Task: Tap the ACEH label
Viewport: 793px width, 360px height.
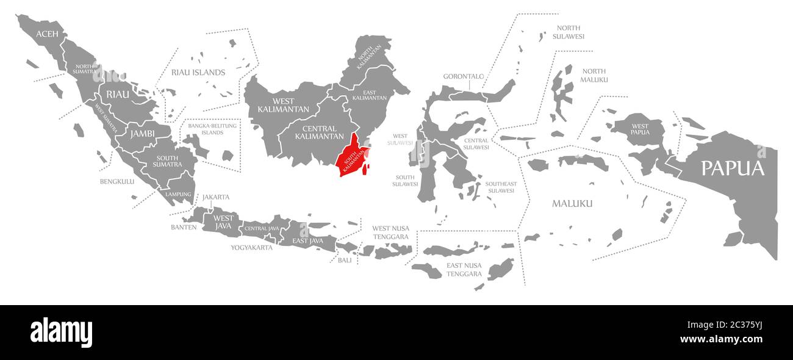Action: point(47,34)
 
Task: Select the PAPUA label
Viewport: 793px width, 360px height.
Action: point(732,168)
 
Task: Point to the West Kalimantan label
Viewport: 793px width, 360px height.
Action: point(275,105)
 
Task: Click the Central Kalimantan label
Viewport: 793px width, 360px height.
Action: point(319,132)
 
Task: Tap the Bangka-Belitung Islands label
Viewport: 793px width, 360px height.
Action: point(213,129)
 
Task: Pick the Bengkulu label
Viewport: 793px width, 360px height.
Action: point(117,181)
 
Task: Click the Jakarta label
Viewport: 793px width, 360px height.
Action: point(216,197)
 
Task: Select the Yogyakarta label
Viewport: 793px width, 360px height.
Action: point(251,248)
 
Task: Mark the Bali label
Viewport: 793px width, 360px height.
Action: point(345,260)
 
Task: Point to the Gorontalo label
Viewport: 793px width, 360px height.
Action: point(464,76)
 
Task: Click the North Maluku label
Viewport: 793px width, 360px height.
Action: point(594,75)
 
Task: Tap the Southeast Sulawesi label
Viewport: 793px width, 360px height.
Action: point(501,187)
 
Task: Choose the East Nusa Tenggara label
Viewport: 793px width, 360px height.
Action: point(464,270)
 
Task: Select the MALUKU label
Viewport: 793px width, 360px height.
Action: point(572,203)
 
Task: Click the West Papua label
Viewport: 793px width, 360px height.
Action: point(640,129)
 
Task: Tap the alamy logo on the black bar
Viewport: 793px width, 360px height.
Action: point(61,333)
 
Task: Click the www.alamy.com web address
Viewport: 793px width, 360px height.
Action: point(721,340)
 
